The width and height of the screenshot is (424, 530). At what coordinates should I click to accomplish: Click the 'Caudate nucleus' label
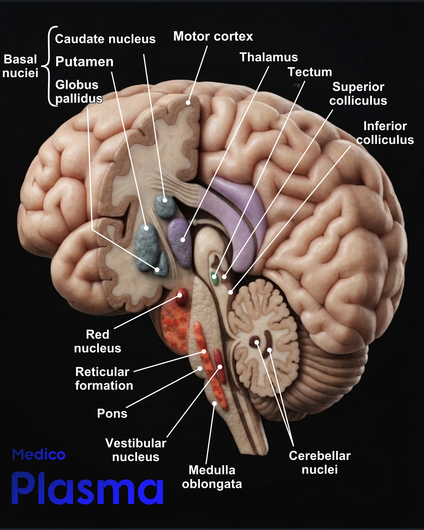coord(105,39)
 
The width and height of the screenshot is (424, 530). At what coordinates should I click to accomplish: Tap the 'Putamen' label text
coord(84,62)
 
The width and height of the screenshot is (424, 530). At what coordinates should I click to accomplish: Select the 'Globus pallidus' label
coord(79,92)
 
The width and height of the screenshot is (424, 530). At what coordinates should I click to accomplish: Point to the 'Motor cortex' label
coord(213,36)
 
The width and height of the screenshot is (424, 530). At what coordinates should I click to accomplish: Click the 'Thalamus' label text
coord(269,57)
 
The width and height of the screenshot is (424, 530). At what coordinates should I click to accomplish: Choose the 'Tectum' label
coord(310,72)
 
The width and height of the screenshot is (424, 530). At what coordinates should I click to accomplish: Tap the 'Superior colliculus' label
coord(358,94)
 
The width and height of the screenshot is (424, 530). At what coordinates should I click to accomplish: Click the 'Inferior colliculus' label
coord(385,133)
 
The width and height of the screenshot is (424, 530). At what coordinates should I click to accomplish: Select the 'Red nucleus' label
coord(98,341)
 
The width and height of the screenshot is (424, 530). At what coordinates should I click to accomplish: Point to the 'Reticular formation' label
coord(104,379)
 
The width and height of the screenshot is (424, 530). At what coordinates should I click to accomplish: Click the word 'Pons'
coord(112,413)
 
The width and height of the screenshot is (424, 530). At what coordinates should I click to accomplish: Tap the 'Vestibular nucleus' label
coord(136,450)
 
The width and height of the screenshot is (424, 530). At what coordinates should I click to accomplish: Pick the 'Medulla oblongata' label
coord(212,477)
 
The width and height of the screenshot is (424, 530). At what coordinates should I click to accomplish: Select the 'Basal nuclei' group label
coord(20,66)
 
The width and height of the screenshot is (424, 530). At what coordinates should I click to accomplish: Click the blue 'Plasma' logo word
coord(87,488)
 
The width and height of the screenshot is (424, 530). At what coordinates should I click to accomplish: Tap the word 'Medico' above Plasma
coord(39,455)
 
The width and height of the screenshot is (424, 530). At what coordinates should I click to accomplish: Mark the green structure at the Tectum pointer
coord(215,278)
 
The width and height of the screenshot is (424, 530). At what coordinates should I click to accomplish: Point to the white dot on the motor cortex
coord(188,102)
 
